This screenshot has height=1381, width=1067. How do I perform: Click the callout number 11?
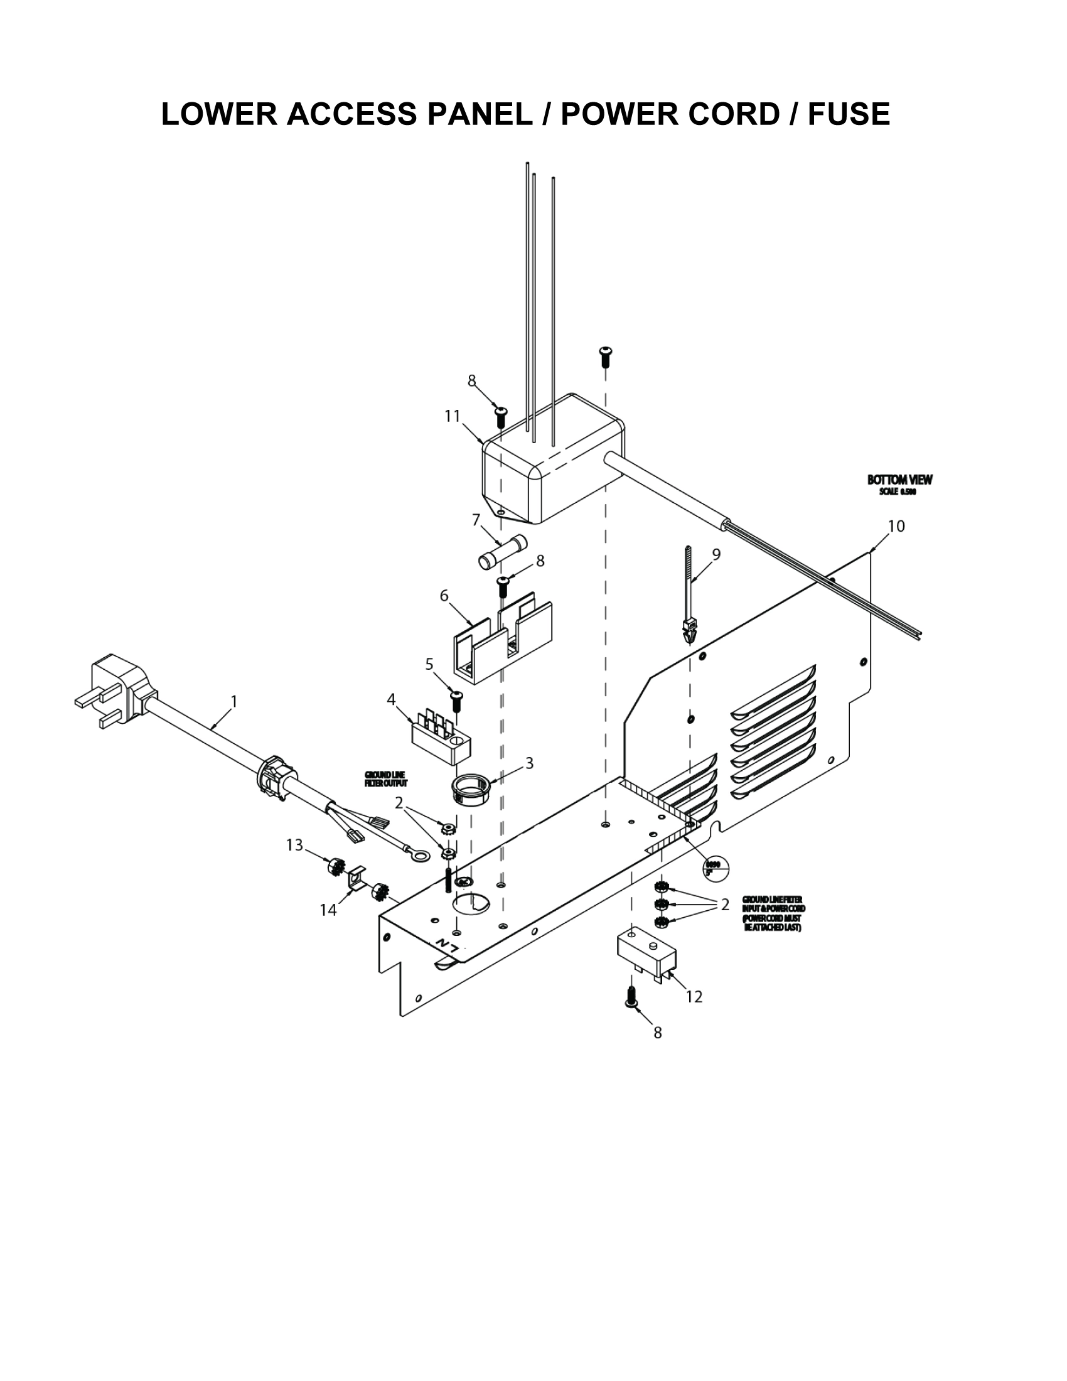452,416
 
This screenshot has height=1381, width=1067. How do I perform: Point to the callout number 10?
896,525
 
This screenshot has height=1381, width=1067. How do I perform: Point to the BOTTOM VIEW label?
899,480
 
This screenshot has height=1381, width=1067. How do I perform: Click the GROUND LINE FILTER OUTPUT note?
385,779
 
